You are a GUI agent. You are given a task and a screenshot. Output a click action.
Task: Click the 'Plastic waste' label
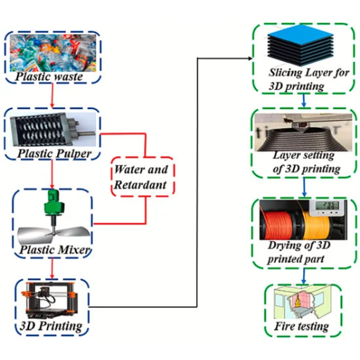(49, 77)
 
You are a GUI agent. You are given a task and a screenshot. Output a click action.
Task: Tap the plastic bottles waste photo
(53, 53)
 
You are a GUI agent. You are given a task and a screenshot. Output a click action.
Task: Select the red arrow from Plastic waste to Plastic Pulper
(52, 95)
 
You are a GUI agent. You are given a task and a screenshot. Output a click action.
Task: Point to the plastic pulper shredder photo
(53, 129)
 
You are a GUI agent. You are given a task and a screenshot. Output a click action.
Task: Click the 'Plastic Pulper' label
(54, 154)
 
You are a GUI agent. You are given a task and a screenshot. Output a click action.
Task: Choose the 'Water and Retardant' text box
(143, 176)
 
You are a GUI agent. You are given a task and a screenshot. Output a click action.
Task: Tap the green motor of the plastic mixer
(54, 202)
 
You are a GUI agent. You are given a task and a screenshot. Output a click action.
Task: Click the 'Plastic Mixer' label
(55, 250)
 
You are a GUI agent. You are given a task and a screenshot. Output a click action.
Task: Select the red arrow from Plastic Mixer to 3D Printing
(52, 268)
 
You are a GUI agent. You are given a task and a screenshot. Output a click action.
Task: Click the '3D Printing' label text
(51, 326)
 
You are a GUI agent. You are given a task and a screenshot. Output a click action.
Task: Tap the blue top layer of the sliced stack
(301, 34)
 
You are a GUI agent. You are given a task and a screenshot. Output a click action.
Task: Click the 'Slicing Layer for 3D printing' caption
(309, 79)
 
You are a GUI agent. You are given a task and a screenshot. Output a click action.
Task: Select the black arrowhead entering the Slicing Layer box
(250, 58)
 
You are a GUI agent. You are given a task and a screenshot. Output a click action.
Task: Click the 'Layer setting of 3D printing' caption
(307, 162)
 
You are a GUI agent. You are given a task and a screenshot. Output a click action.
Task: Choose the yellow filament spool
(316, 225)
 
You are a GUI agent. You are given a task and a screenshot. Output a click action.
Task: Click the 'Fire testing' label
(302, 326)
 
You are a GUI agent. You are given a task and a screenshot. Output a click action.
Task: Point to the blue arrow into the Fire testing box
(304, 276)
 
